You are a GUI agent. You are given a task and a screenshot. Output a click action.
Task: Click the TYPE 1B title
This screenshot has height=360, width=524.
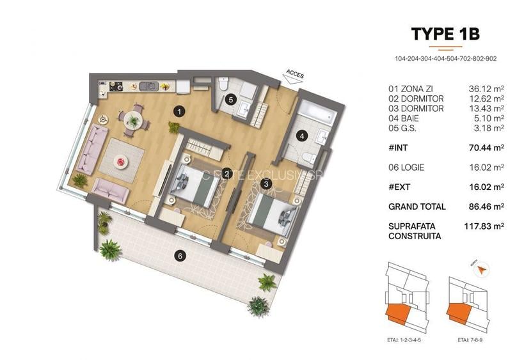point(445,34)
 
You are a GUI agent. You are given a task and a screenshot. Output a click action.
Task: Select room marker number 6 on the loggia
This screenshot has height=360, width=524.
point(180,256)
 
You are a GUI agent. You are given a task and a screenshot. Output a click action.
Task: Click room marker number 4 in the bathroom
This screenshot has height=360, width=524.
point(299,135)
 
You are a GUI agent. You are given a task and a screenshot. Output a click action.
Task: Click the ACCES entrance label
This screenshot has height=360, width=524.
point(296,75)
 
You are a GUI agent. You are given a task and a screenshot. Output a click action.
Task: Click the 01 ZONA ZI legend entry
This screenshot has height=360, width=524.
point(412,90)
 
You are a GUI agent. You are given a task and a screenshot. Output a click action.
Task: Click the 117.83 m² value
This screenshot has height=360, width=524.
point(484,226)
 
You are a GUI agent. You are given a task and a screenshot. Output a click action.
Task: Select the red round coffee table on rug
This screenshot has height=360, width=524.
point(120,162)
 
